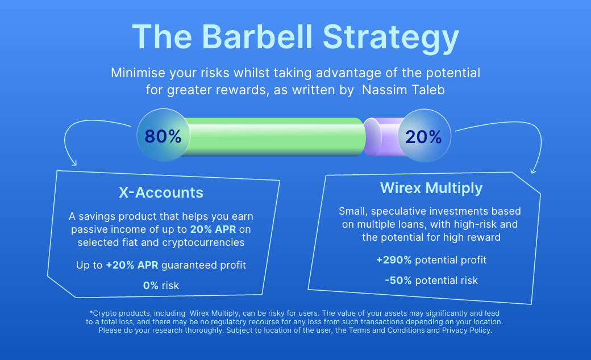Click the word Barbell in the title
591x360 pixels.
tap(257, 36)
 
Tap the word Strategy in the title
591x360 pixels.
tap(391, 39)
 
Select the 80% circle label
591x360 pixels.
tap(163, 136)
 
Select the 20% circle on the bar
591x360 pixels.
tap(424, 136)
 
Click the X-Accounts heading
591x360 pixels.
tap(161, 192)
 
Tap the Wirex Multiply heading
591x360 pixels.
tap(431, 188)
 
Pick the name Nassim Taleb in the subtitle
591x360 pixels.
tap(403, 90)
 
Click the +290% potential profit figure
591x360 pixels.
tap(394, 260)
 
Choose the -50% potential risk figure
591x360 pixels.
tap(398, 281)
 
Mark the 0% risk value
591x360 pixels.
tap(151, 286)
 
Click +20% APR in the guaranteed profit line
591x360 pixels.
tap(132, 265)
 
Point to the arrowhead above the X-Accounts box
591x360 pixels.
tap(74, 163)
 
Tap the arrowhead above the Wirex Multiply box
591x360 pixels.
tap(533, 171)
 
